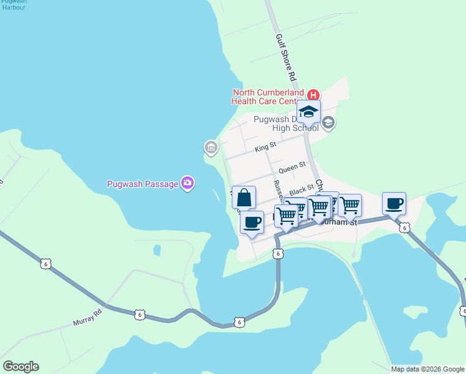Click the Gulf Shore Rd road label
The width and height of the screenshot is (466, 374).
coord(285,58)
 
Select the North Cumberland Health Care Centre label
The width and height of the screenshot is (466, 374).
coord(269,97)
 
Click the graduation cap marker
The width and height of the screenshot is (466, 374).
coord(308,112)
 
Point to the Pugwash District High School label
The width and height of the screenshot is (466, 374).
coord(286,123)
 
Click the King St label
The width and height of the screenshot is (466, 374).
coord(265,150)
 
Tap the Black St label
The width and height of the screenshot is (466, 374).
coord(302,189)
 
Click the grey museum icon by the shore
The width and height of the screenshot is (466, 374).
coord(211,148)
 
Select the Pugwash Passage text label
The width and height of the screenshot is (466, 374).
coord(141,184)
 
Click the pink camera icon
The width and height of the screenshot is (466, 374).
coord(187,183)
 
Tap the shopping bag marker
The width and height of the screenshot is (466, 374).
coord(244,198)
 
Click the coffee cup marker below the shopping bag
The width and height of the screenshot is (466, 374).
coord(252,223)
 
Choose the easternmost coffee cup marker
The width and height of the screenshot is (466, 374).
coord(394,204)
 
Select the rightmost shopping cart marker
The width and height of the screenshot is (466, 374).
coord(350,205)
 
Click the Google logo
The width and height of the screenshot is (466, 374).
coord(21,367)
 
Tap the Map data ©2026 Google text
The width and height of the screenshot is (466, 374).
coord(427,369)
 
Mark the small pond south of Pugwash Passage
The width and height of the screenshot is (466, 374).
coord(157,250)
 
